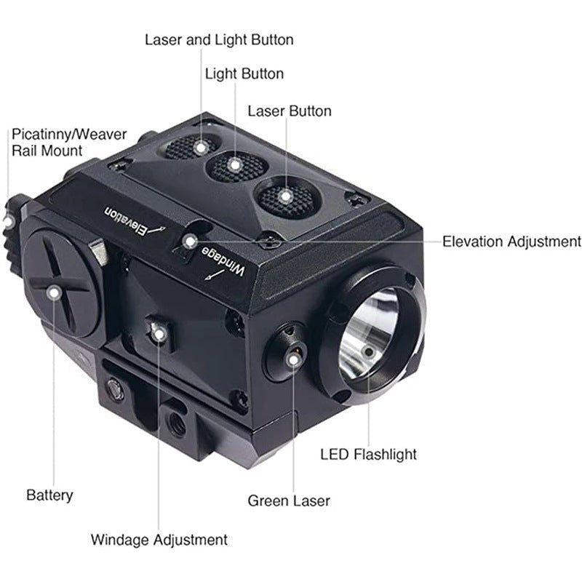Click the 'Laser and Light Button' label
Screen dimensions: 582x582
[x=219, y=40]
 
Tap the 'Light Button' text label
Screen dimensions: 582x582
[x=244, y=74]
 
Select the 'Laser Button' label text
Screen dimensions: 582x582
[x=290, y=111]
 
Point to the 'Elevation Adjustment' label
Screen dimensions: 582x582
[x=511, y=242]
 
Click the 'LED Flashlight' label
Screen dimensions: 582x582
[x=368, y=454]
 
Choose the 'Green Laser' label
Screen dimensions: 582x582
[x=289, y=501]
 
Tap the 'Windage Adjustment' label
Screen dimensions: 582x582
[x=159, y=540]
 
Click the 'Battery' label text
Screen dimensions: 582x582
[x=49, y=495]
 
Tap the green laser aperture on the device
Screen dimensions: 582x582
[x=293, y=356]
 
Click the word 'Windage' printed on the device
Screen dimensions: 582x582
[x=223, y=261]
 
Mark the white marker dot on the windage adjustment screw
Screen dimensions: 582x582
[x=159, y=335]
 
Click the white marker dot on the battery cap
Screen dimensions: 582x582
[x=55, y=293]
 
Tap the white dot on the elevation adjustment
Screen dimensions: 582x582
[x=191, y=242]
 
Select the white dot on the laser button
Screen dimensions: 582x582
[x=285, y=196]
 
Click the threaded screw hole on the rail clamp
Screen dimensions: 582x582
[x=177, y=424]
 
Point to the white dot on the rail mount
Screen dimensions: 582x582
[x=8, y=222]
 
